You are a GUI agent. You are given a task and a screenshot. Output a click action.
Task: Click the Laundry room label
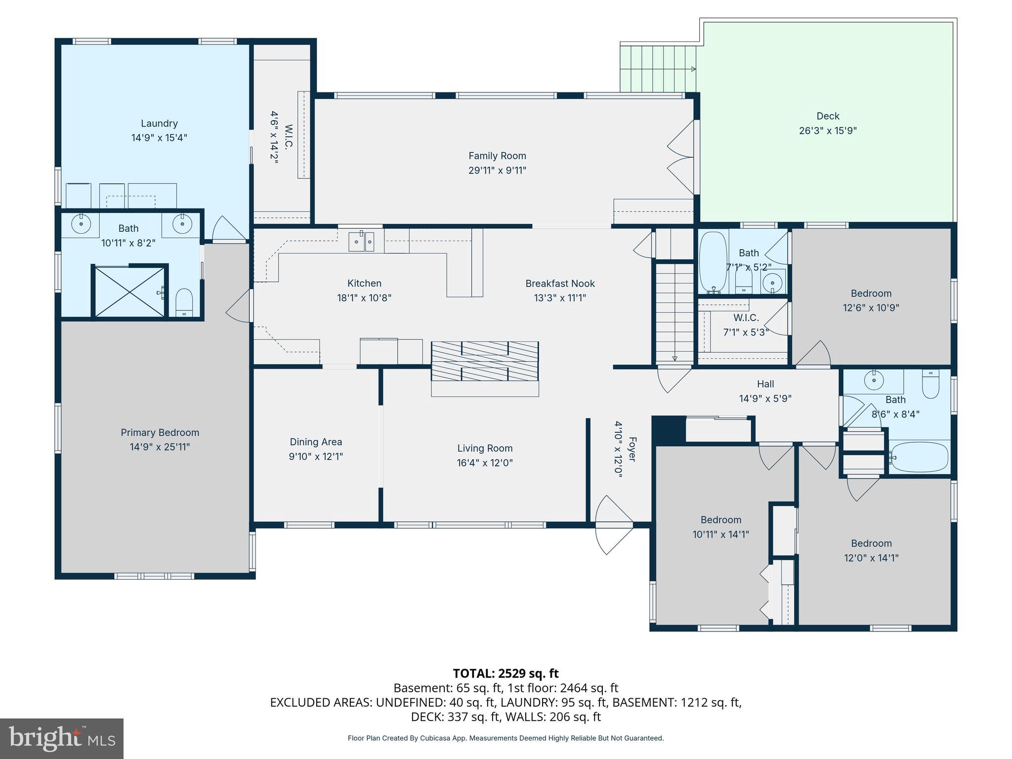point(159,124)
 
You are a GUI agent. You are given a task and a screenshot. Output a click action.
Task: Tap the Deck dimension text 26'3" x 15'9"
point(828,131)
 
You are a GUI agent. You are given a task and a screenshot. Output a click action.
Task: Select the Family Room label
point(497,156)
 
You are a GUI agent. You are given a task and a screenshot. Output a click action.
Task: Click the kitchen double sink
point(361,242)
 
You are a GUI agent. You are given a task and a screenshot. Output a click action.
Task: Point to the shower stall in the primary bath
point(129,292)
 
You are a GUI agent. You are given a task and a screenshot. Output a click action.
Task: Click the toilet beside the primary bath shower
point(184,301)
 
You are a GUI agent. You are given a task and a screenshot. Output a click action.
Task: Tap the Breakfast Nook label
point(560,284)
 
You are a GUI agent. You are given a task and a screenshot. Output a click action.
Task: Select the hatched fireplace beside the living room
point(484,361)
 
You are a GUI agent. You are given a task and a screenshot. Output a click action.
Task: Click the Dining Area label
point(316,442)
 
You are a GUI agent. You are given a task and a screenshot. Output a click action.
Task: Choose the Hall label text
point(765,384)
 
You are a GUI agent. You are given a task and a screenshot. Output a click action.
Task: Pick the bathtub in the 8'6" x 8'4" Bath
point(920,457)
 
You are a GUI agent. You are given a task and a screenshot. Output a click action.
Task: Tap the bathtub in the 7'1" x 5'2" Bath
point(713,261)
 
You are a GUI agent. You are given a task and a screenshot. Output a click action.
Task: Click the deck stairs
point(657,69)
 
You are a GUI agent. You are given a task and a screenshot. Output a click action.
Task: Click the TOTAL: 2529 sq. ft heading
point(506,674)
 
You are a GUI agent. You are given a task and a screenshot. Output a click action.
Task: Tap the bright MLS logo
point(62,738)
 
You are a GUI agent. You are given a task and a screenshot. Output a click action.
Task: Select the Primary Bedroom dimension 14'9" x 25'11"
point(160,447)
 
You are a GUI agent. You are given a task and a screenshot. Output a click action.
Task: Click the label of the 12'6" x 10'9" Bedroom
point(871,294)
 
